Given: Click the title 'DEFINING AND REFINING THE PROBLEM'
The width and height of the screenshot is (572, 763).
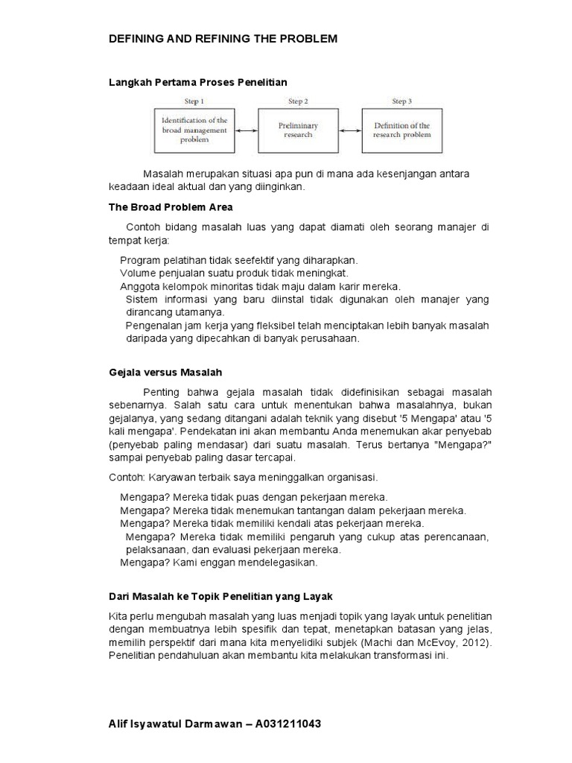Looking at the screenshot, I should pos(223,39).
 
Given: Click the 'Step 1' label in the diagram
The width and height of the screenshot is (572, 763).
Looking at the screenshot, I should pos(194,101).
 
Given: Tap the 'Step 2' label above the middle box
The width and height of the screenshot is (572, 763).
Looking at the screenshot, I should pos(298,101).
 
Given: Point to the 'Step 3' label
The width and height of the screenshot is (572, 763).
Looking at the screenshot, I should pos(401,101).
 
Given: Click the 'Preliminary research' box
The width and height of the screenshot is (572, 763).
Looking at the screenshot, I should pos(298,131).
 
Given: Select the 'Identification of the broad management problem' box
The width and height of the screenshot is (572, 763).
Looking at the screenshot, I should pos(194,131).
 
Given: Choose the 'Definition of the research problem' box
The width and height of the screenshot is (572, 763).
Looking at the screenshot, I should pos(401,131).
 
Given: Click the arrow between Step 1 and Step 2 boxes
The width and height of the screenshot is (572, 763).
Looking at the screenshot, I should pos(245,131).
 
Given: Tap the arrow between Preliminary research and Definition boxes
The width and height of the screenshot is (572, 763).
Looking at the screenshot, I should pos(349,131).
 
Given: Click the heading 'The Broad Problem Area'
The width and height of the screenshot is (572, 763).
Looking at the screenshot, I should pos(171,206).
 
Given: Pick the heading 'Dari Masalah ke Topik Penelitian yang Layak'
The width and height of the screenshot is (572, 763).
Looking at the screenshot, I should pos(220,597).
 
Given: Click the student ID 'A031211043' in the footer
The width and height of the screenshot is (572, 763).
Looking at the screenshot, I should pos(290,724).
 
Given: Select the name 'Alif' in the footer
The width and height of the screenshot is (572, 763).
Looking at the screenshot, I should pos(119,724).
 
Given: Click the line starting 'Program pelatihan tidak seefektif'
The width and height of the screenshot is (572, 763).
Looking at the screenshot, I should pos(238,260).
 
